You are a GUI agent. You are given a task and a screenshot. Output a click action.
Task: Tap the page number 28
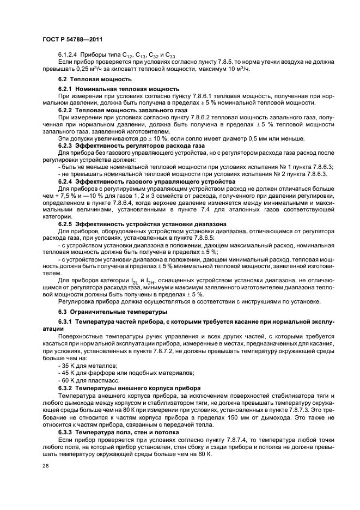pyautogui.click(x=45, y=465)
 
